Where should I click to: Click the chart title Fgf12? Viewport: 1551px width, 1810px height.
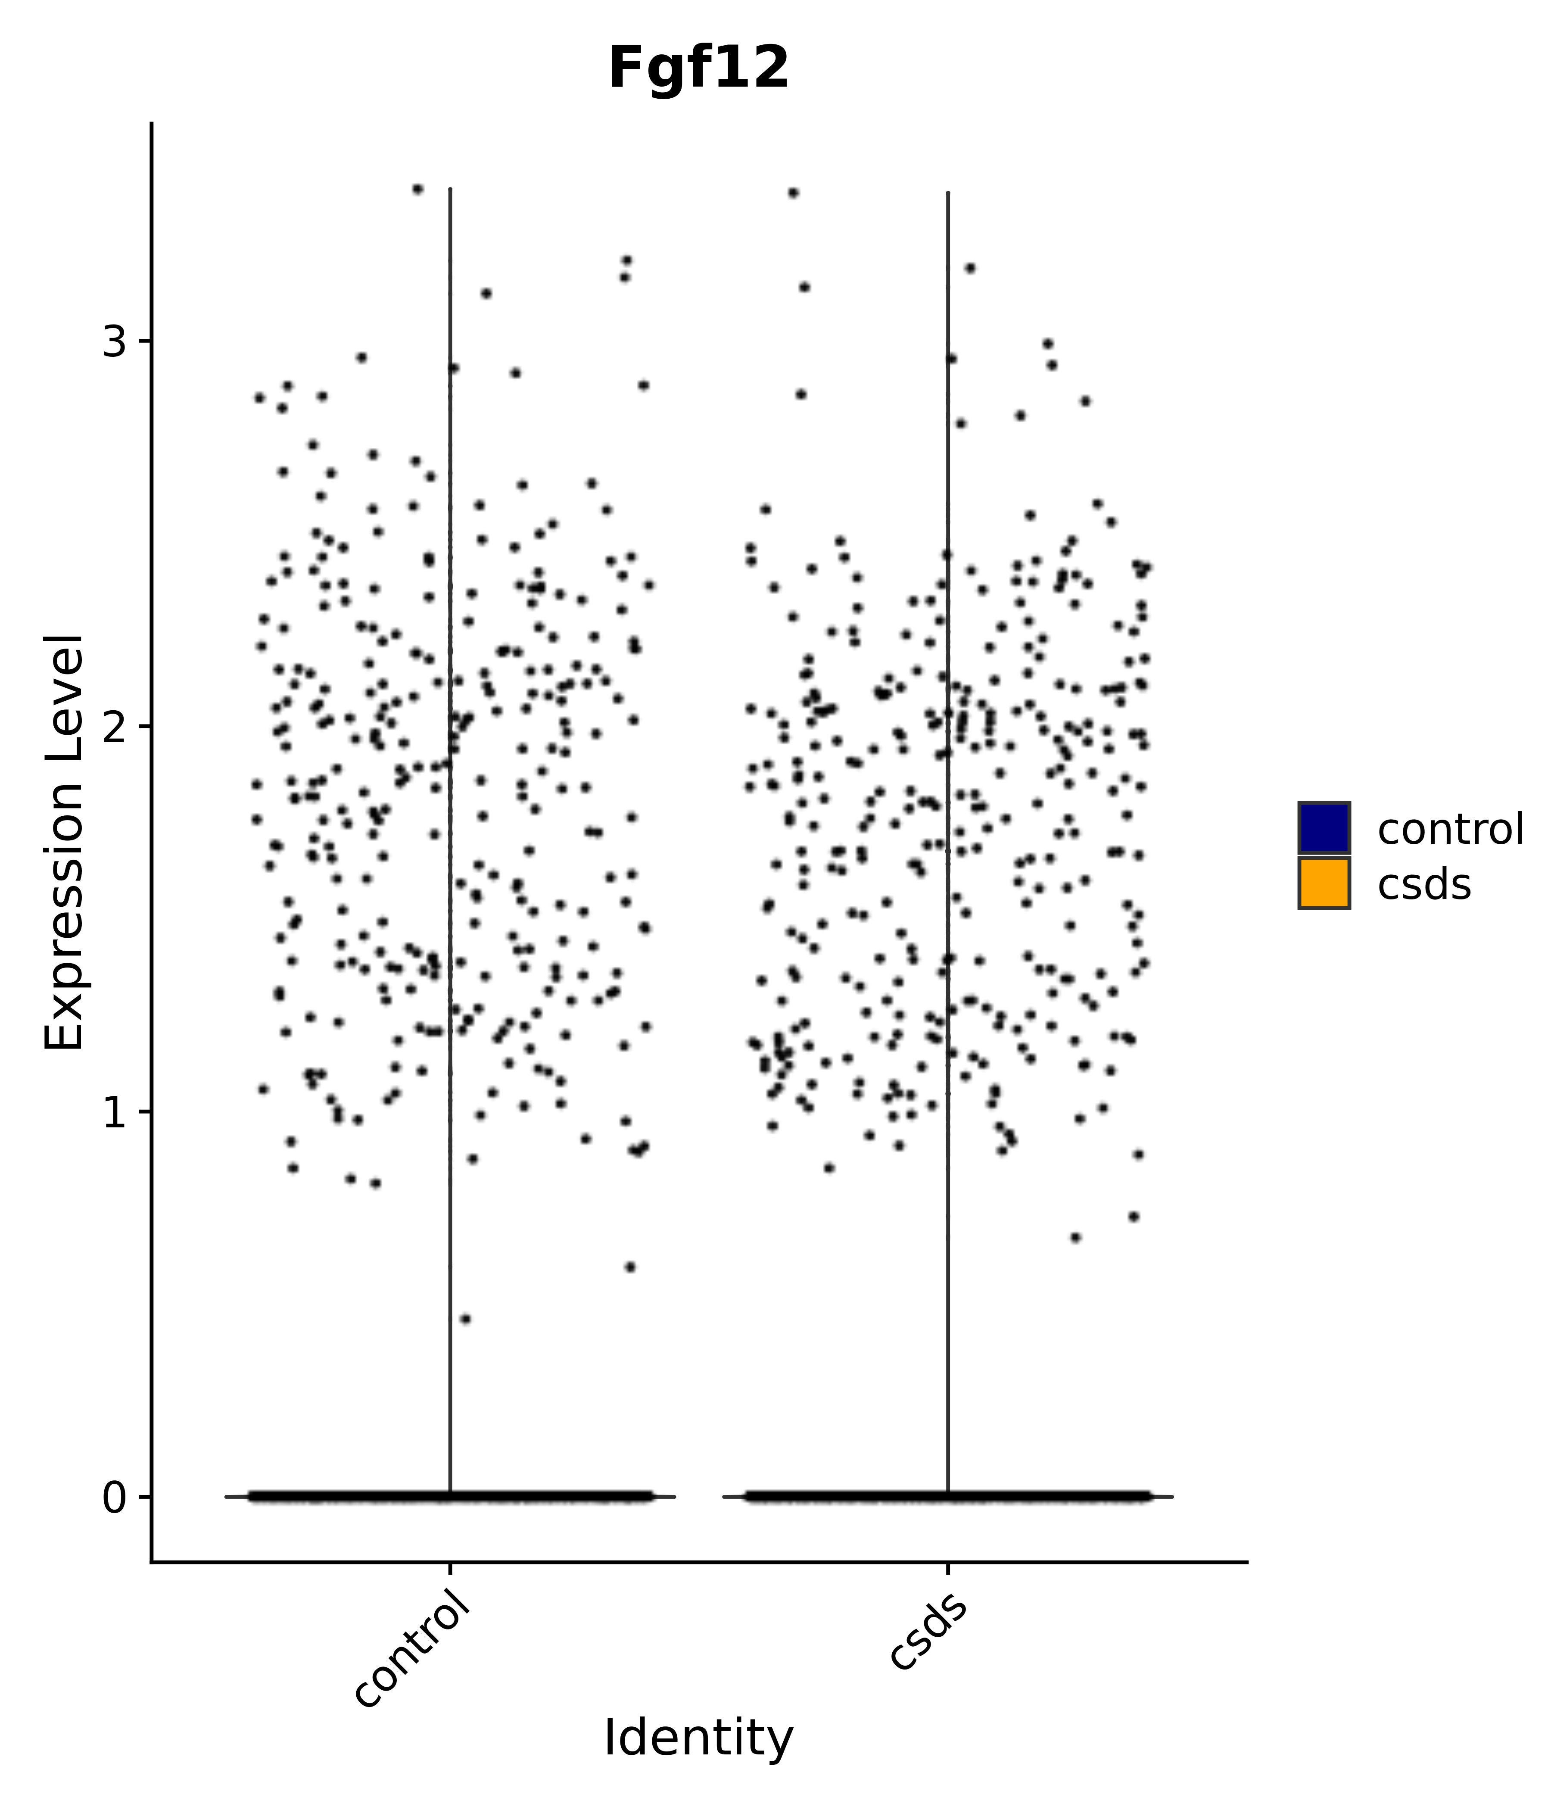pyautogui.click(x=699, y=68)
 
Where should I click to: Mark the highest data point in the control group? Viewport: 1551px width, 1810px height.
pyautogui.click(x=417, y=189)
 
